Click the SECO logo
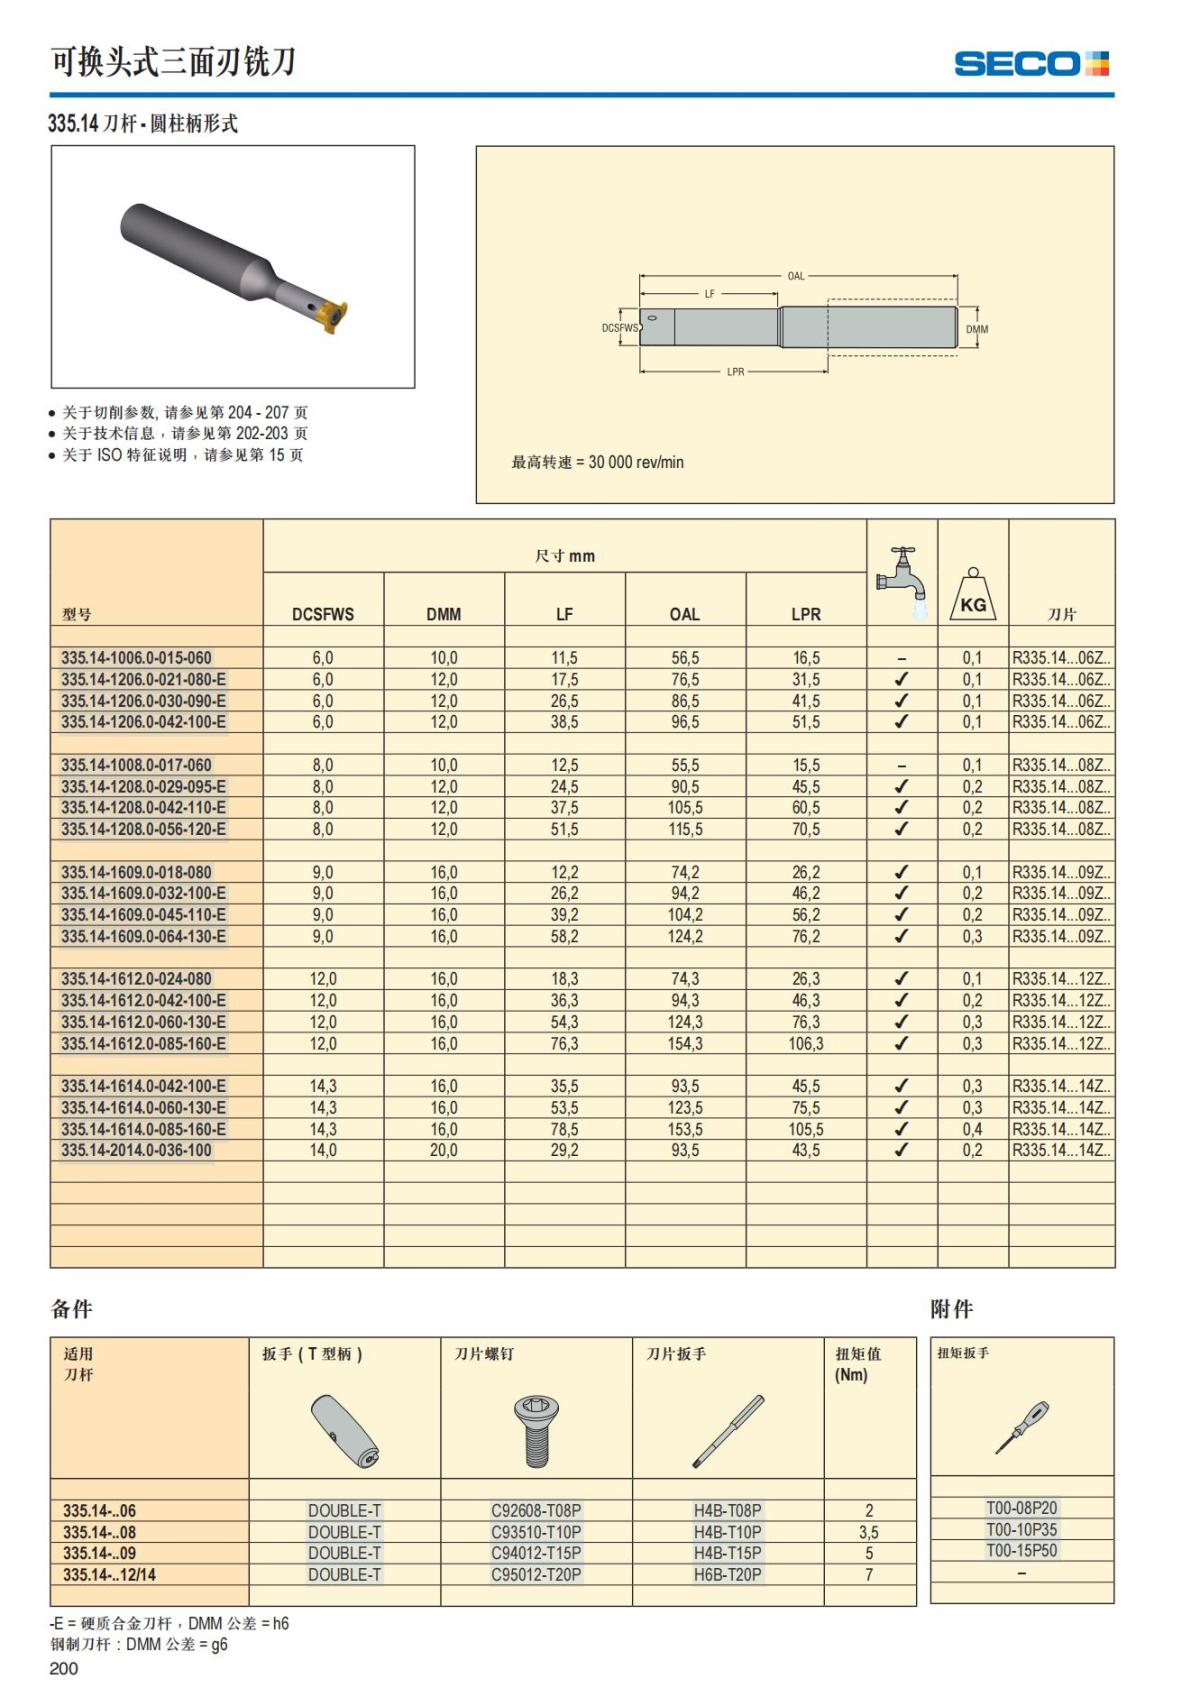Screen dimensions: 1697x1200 [1031, 64]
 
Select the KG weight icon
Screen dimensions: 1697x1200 [972, 595]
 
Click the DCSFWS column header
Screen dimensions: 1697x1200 [323, 614]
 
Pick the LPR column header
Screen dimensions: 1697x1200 [806, 614]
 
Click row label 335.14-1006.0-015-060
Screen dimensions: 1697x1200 [136, 658]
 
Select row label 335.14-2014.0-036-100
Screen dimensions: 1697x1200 [136, 1150]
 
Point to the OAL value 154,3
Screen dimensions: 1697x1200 [685, 1043]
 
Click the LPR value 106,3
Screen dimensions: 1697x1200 [806, 1043]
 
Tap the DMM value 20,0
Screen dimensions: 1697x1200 [443, 1150]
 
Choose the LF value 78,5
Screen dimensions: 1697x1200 [564, 1129]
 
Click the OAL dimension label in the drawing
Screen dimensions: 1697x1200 [796, 276]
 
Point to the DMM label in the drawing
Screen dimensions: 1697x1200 [977, 329]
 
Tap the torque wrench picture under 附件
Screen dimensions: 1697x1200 [1022, 1427]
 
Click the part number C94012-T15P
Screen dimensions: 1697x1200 [536, 1553]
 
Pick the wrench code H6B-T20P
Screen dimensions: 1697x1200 [727, 1574]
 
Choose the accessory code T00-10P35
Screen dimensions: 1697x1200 [1021, 1529]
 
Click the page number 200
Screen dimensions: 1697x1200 [63, 1668]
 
